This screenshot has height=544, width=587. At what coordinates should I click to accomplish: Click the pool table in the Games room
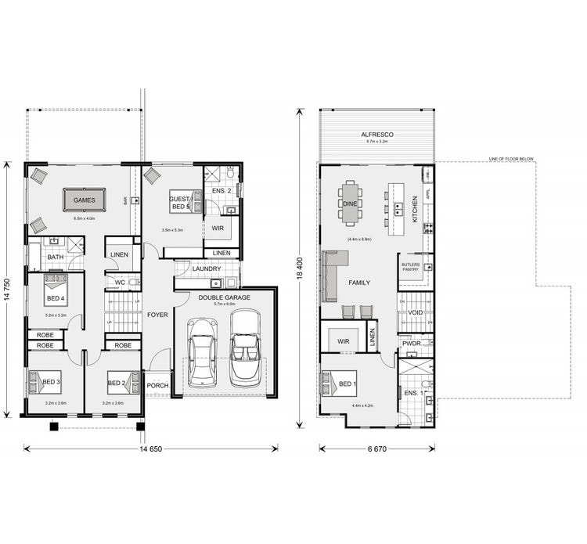(x=84, y=200)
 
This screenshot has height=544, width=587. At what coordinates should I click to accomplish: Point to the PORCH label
(x=157, y=385)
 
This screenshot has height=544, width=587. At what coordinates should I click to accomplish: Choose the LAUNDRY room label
(x=207, y=269)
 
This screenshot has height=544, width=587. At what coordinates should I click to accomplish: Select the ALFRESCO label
(x=376, y=135)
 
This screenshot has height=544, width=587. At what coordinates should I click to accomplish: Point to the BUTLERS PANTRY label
(x=411, y=268)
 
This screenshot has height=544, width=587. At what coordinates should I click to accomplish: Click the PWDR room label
(x=412, y=343)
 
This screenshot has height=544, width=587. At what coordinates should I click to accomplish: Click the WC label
(x=120, y=283)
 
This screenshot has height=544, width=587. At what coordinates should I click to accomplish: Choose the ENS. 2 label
(x=220, y=190)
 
